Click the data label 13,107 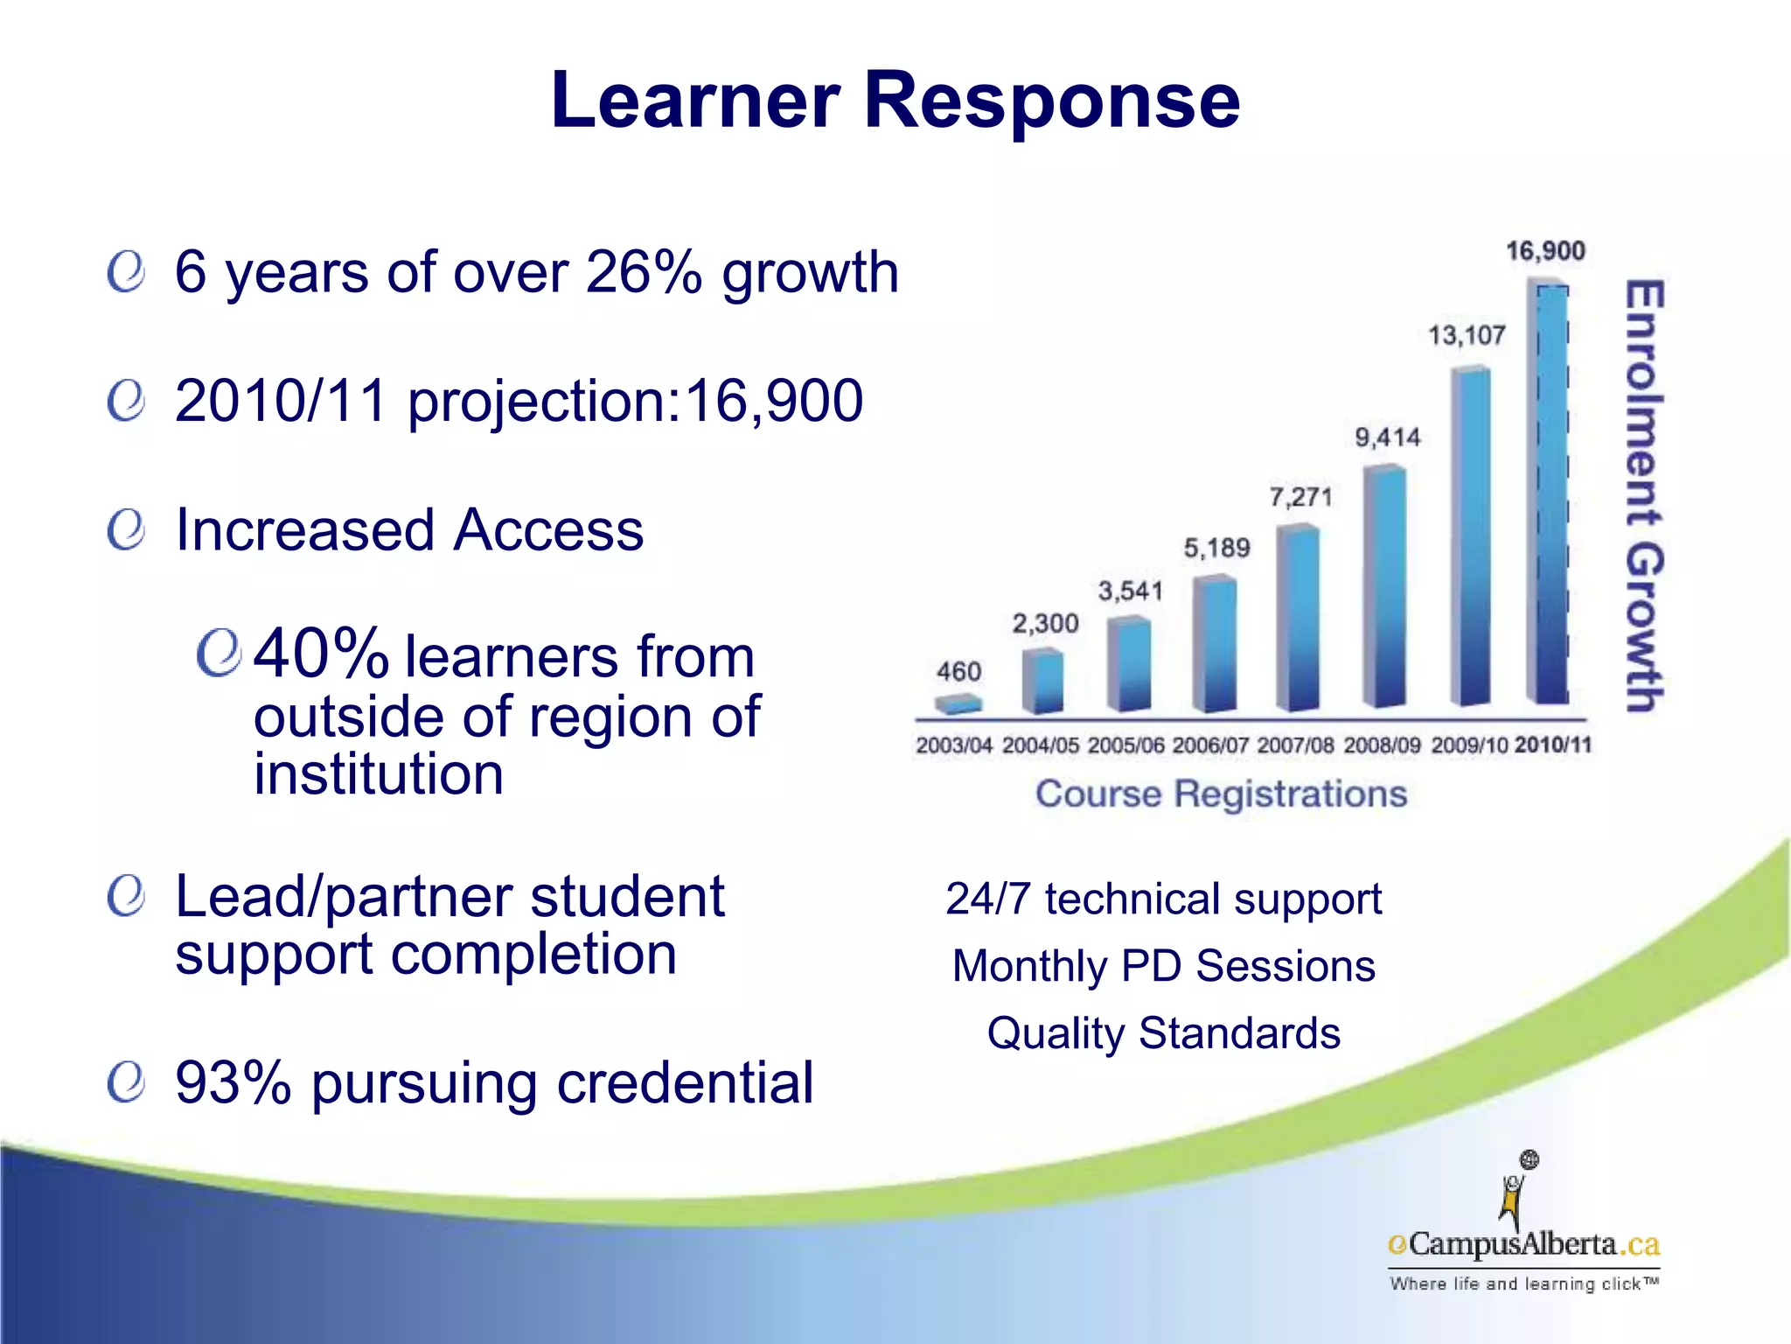pos(1467,335)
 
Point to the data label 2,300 pos(1045,624)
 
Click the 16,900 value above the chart pos(1545,251)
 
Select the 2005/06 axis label pos(1126,745)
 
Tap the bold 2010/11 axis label pos(1553,745)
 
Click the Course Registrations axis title pos(1221,794)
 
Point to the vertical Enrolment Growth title pos(1644,495)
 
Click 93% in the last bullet pos(233,1082)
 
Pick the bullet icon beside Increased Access pos(126,531)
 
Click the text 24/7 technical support pos(1163,899)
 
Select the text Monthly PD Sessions pos(1163,966)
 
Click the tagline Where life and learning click pos(1523,1284)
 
